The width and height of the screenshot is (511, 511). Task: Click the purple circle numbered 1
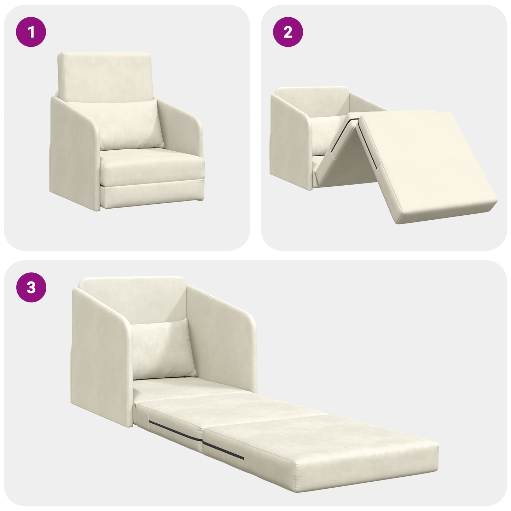pyautogui.click(x=31, y=32)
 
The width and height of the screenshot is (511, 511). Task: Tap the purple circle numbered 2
pyautogui.click(x=288, y=32)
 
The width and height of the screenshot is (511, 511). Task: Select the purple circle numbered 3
pyautogui.click(x=31, y=287)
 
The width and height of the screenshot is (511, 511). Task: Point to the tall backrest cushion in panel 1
pyautogui.click(x=105, y=74)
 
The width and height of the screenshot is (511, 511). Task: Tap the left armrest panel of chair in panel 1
pyautogui.click(x=72, y=156)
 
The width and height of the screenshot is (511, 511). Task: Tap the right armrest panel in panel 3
pyautogui.click(x=221, y=339)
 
